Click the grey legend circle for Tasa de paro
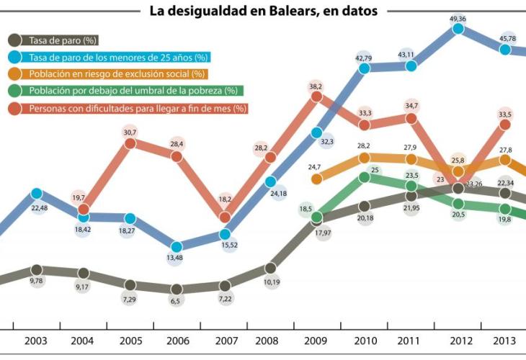pos(14,40)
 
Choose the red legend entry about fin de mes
pos(138,108)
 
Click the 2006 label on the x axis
pos(177,341)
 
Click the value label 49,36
pos(458,17)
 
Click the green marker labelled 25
pos(364,177)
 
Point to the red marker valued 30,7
pos(130,143)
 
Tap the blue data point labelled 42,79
pos(364,68)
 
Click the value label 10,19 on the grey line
pos(271,282)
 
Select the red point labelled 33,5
pos(505,125)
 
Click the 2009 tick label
pos(317,341)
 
